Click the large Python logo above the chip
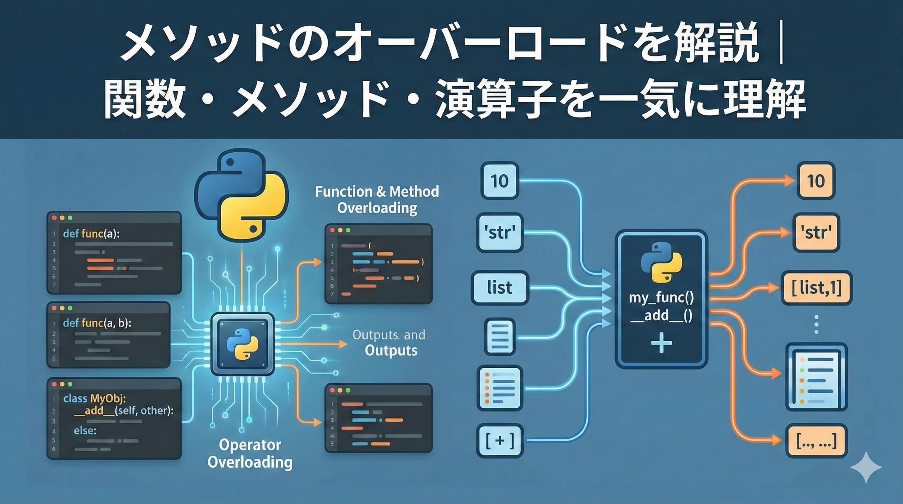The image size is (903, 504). tap(241, 195)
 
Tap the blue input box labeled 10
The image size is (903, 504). tap(499, 181)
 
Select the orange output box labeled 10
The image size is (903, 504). tap(816, 181)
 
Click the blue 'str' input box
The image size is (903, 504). tap(499, 232)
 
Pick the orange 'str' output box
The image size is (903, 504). tap(816, 232)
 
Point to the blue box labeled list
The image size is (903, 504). tap(499, 288)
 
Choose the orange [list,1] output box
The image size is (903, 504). tap(816, 288)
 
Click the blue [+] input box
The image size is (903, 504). tap(499, 441)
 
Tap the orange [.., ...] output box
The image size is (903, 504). tap(816, 441)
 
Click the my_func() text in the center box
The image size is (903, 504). tap(661, 298)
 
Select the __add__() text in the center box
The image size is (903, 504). tap(661, 315)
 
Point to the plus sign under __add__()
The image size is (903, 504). tap(661, 343)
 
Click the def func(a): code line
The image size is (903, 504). tap(91, 234)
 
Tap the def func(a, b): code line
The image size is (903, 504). tap(97, 323)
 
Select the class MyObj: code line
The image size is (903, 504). tap(94, 398)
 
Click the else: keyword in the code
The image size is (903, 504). tap(85, 430)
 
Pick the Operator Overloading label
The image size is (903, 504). tap(250, 453)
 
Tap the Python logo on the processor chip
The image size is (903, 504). tap(242, 344)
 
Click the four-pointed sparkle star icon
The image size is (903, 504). tap(866, 467)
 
